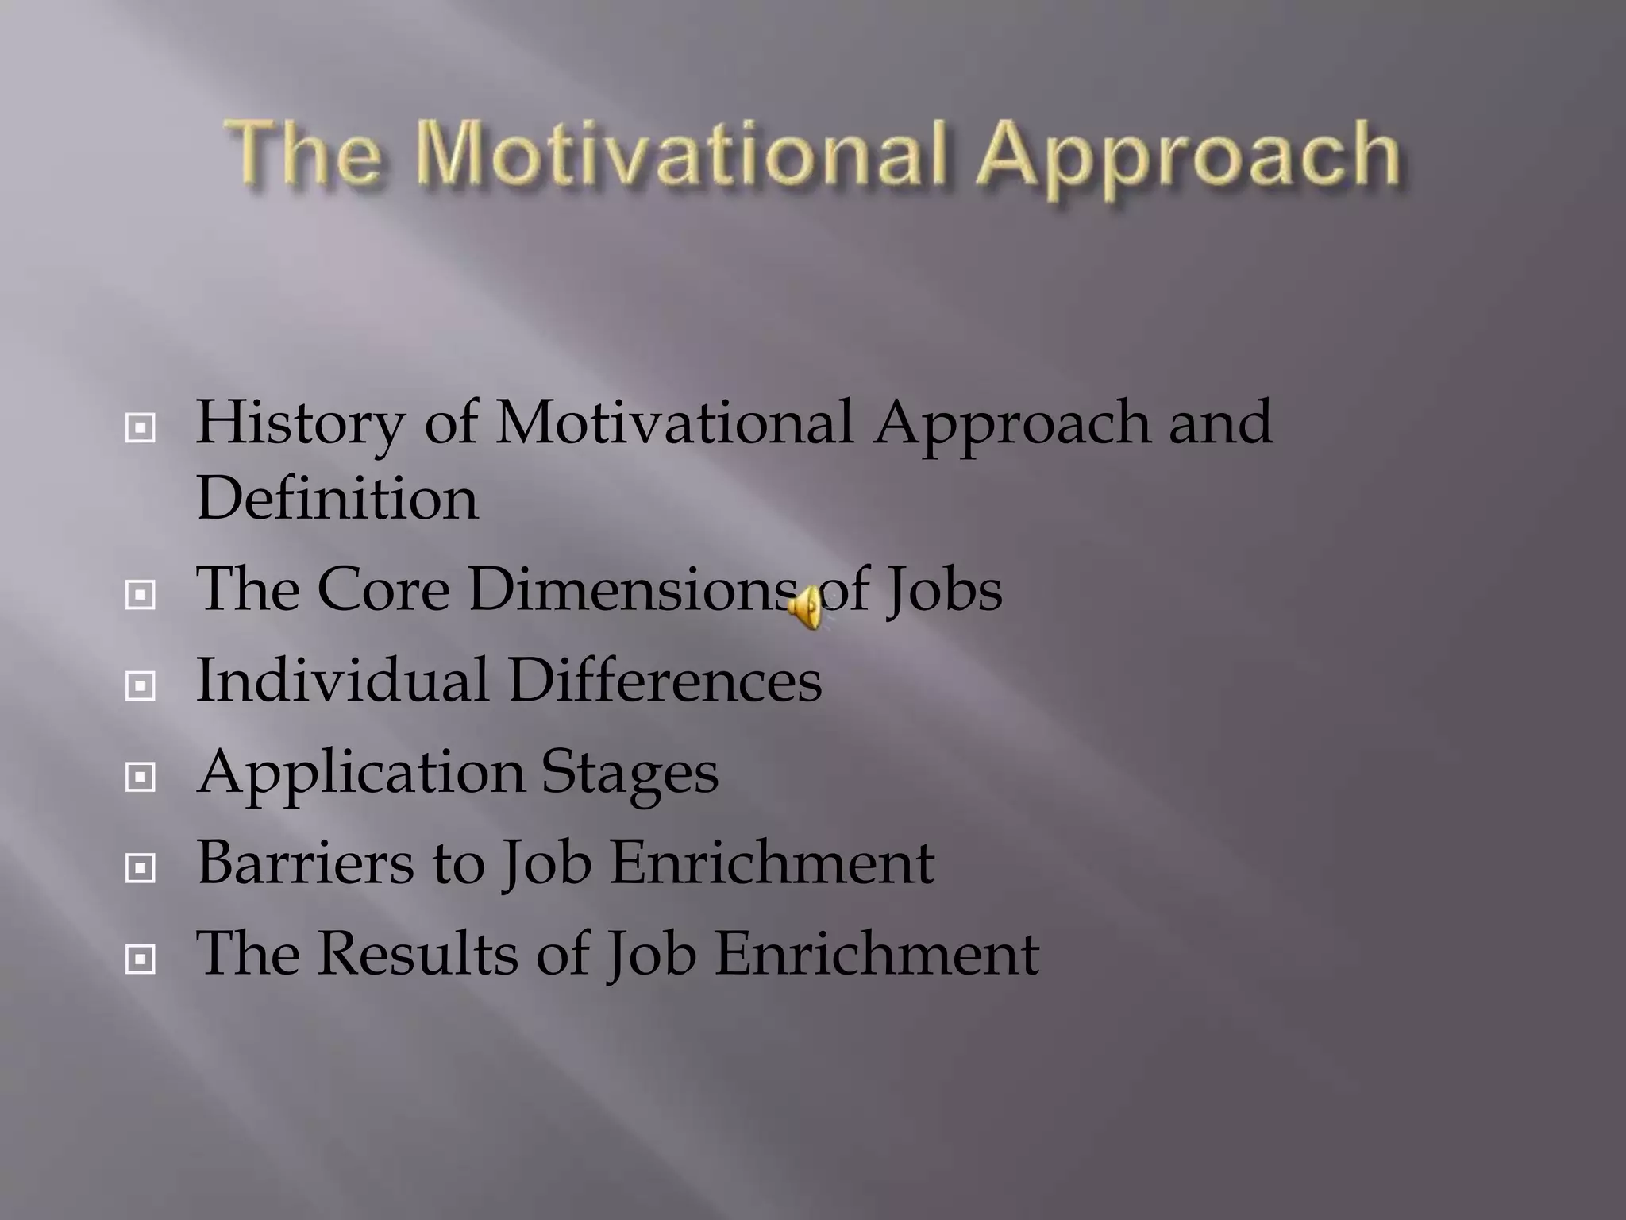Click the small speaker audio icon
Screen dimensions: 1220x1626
click(x=807, y=608)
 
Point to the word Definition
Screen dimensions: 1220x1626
click(x=337, y=499)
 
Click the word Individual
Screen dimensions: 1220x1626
click(x=342, y=681)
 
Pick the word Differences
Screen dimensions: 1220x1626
click(x=665, y=681)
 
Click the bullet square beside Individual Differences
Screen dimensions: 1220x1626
click(x=141, y=685)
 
